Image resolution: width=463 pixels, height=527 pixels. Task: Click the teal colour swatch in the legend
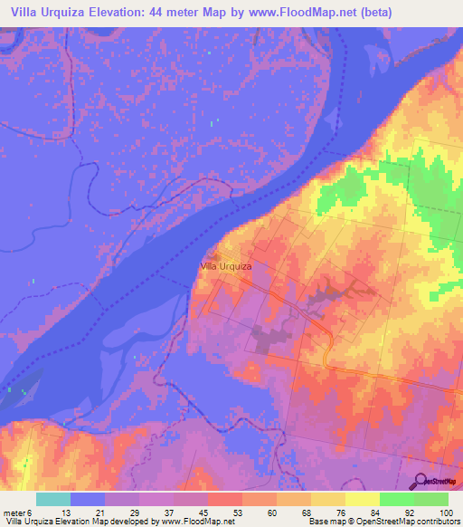click(x=53, y=499)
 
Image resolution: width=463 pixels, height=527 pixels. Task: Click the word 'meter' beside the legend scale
click(x=14, y=513)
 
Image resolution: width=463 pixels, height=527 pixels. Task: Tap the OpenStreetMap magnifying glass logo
click(x=420, y=481)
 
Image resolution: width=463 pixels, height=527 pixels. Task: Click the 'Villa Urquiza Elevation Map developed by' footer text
click(x=81, y=522)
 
